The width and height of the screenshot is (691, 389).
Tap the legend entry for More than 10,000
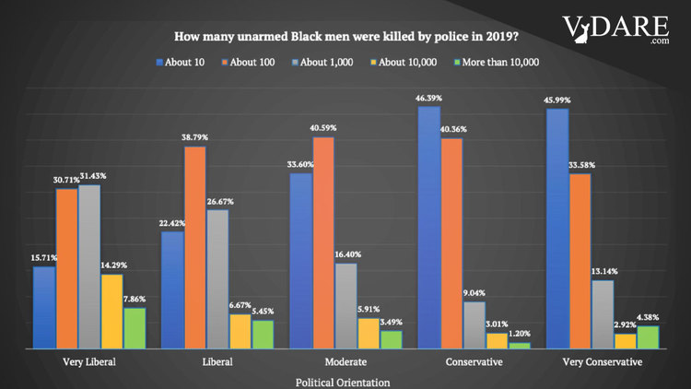[x=498, y=62]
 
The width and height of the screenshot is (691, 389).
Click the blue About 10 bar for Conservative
[x=428, y=228]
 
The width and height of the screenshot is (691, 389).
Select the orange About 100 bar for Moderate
[x=323, y=242]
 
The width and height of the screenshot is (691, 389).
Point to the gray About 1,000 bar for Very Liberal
[x=89, y=266]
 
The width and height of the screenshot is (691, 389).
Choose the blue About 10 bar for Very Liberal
[x=44, y=307]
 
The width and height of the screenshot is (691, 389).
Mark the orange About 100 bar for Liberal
[x=194, y=247]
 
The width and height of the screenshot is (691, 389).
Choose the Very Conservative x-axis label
[x=603, y=362]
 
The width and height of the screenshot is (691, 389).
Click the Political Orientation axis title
[x=343, y=381]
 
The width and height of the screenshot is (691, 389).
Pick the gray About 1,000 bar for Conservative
[x=474, y=324]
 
